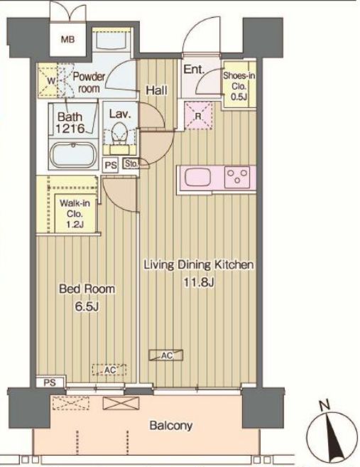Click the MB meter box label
(x=67, y=39)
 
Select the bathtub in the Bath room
(x=72, y=155)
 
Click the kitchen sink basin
(x=198, y=178)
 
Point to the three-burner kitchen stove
(x=237, y=177)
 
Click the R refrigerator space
(x=198, y=116)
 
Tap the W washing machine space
(x=51, y=81)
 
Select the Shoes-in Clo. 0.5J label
(x=239, y=86)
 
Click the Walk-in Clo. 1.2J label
(x=75, y=213)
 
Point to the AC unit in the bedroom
(x=109, y=370)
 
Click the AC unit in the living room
(x=166, y=355)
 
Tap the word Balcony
(x=171, y=426)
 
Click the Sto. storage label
(x=131, y=163)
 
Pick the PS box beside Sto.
(x=110, y=165)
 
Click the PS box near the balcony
(x=50, y=382)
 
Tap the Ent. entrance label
(x=195, y=70)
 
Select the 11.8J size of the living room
(x=199, y=282)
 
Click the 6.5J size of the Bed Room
(x=87, y=306)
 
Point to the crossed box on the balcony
(x=121, y=403)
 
